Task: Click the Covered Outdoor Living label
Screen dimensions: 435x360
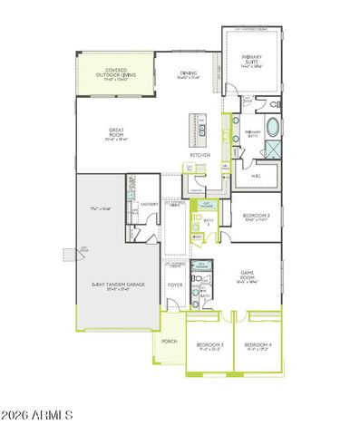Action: [x=115, y=72]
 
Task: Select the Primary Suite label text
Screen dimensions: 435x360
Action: [x=251, y=63]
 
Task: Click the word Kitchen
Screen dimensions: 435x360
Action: [x=199, y=155]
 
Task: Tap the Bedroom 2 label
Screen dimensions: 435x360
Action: [x=257, y=217]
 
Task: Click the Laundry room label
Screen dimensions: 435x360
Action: [x=151, y=205]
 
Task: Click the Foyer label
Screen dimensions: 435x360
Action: [x=174, y=285]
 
